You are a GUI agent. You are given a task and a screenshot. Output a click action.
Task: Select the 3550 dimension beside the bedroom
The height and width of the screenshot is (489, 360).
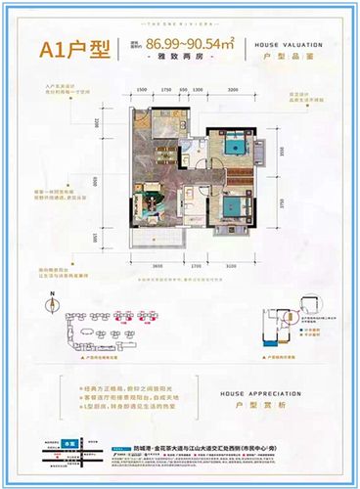(x=281, y=153)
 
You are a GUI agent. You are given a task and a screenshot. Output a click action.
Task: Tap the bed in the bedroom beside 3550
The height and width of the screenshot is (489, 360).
(x=237, y=147)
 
